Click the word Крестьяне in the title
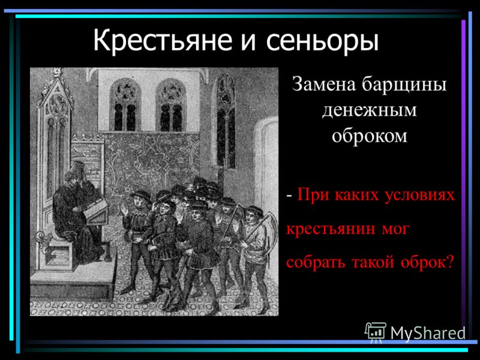[162, 41]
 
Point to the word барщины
[404, 85]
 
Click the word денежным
[369, 111]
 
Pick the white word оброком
[370, 136]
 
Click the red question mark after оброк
[449, 262]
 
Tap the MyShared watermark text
[428, 333]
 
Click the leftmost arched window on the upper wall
[125, 104]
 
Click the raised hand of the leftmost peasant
[124, 209]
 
